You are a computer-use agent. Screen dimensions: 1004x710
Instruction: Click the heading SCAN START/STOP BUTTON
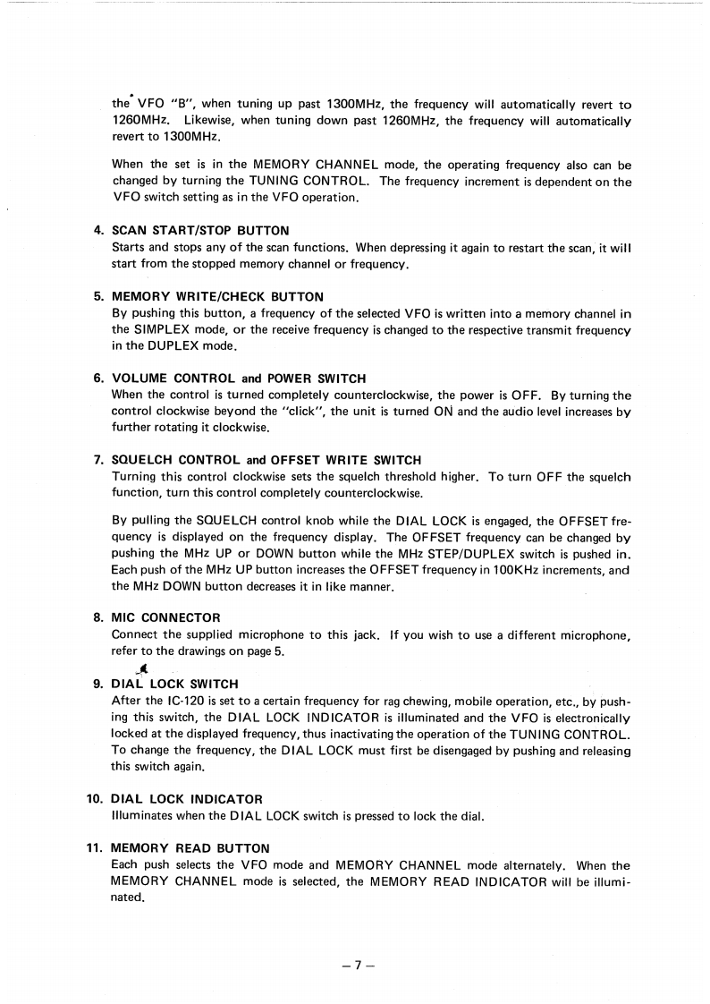pyautogui.click(x=200, y=231)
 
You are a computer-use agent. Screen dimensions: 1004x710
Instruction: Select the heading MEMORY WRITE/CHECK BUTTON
pyautogui.click(x=217, y=295)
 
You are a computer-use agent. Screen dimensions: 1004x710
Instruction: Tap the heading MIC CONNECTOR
pyautogui.click(x=165, y=617)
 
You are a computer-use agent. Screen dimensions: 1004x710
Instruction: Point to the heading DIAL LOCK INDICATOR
pyautogui.click(x=187, y=798)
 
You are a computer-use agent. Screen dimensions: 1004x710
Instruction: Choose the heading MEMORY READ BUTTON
pyautogui.click(x=190, y=847)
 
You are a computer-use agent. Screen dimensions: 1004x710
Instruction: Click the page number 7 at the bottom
pyautogui.click(x=356, y=965)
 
